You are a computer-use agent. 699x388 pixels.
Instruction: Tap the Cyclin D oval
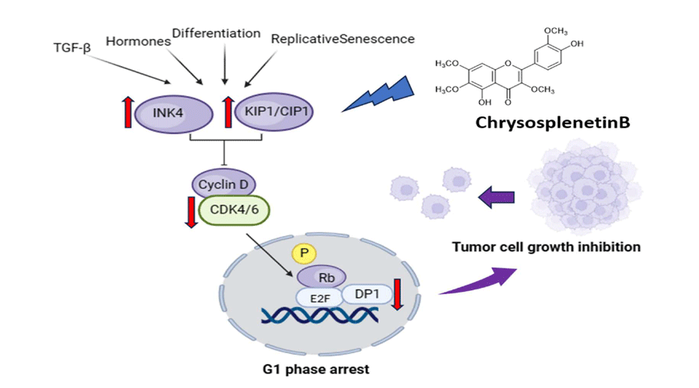(x=224, y=185)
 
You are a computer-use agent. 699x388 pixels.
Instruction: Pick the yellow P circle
(x=301, y=254)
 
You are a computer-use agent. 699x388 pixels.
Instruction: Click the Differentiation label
(x=216, y=33)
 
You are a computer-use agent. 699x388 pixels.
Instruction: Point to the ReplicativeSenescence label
(x=342, y=38)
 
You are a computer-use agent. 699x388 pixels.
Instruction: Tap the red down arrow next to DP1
(x=398, y=295)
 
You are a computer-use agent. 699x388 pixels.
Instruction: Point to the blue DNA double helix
(x=320, y=315)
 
